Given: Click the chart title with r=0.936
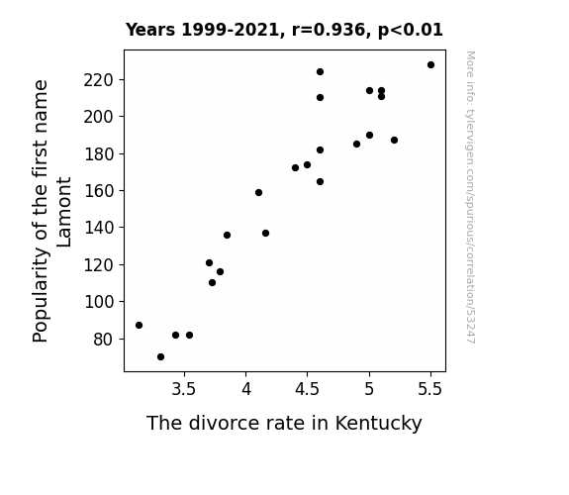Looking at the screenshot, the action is point(284,30).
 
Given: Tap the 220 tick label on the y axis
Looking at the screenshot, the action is point(99,80).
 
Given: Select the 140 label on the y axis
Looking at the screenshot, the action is point(99,228).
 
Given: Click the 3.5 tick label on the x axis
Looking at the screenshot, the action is point(184,389).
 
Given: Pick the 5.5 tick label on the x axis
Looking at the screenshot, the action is point(430,389).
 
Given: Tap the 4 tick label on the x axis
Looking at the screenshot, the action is point(246,389).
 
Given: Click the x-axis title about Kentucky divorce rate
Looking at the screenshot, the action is point(284,423).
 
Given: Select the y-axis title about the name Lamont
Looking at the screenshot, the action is point(51,211).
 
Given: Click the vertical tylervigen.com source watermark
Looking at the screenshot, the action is point(470,197).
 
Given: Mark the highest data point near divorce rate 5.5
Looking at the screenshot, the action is point(430,65).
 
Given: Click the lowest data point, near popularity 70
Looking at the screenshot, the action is point(160,357).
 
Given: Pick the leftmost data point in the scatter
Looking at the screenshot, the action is point(139,326).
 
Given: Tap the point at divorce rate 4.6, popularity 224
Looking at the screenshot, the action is point(320,72).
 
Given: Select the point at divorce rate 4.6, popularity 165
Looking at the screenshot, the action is point(320,181).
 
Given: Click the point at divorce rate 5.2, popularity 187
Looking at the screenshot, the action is point(395,141).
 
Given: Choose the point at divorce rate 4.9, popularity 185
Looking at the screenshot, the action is point(356,145).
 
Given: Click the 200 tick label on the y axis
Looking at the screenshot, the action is point(99,117).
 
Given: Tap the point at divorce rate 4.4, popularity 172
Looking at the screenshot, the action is point(296,167).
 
